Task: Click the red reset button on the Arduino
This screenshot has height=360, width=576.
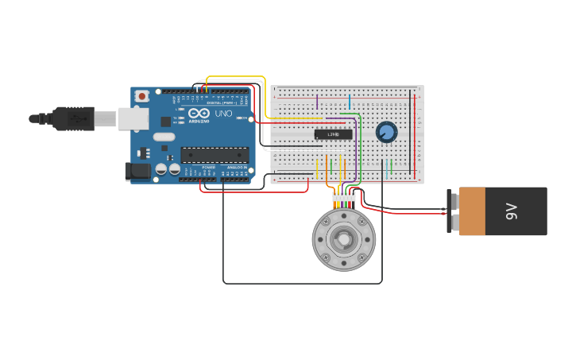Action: click(141, 96)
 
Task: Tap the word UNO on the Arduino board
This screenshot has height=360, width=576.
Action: click(223, 114)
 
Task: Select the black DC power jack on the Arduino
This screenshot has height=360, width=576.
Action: click(137, 170)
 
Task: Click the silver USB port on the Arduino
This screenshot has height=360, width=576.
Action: click(133, 118)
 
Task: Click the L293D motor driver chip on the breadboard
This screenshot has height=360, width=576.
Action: click(333, 134)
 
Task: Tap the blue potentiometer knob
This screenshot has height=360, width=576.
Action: click(386, 132)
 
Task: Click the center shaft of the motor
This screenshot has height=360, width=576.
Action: click(343, 239)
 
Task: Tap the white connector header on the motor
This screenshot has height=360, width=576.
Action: click(343, 196)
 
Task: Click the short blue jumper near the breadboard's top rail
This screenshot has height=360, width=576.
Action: click(349, 102)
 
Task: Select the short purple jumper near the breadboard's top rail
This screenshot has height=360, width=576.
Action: click(317, 102)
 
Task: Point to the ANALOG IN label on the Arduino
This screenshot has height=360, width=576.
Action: click(237, 168)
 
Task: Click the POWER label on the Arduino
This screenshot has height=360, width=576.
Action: click(208, 168)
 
